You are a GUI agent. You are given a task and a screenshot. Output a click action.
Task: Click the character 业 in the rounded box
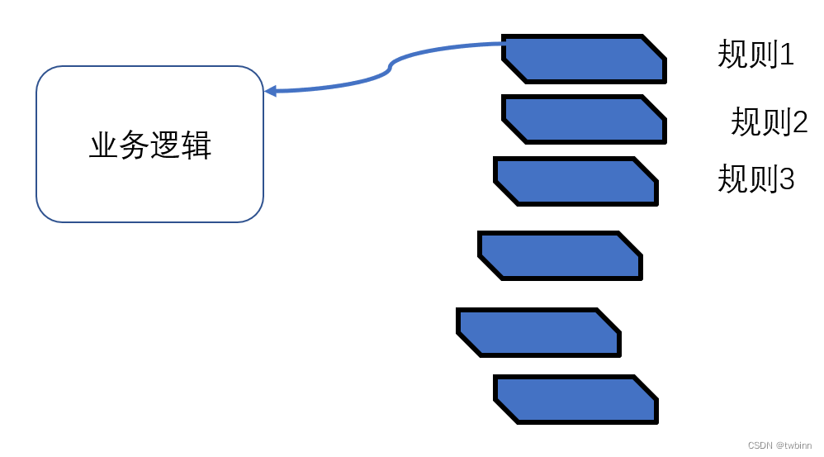pos(104,146)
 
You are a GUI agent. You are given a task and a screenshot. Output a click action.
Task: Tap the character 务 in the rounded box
pos(135,146)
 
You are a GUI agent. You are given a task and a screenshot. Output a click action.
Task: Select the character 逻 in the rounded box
pos(166,146)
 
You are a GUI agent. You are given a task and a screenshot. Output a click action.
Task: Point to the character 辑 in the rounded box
pos(197,146)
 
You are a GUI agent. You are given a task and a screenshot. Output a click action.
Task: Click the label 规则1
pos(755,55)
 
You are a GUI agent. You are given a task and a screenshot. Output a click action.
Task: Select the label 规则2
pos(769,122)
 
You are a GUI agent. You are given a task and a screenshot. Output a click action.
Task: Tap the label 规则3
pos(755,179)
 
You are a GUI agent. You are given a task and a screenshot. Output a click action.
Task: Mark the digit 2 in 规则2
pos(799,122)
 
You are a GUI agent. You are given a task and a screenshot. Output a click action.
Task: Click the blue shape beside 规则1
pos(584,59)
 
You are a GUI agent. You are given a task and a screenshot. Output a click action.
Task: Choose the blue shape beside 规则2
pos(584,119)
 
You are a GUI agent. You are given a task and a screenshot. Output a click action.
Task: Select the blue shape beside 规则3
pos(575,181)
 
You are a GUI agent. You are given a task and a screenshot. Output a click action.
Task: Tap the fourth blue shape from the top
pos(560,255)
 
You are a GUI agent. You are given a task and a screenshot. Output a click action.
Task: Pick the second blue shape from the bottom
pos(538,332)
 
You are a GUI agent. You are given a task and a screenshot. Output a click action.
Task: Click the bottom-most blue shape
pos(575,399)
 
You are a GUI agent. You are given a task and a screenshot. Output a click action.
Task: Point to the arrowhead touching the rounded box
pos(270,91)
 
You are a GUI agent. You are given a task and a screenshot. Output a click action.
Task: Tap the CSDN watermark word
pos(760,445)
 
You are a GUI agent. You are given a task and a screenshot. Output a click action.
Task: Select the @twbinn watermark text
pos(793,445)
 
